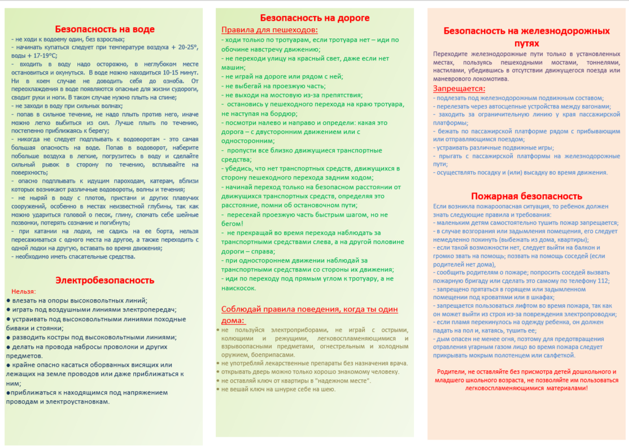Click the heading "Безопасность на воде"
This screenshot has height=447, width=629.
point(104,29)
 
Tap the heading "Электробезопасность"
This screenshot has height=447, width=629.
point(104,280)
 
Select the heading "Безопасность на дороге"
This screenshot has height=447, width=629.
point(314,18)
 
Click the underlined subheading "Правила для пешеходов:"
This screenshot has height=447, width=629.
point(270,30)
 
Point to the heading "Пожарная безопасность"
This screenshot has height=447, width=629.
point(526,196)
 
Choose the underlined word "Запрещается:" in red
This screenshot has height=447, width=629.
point(459,89)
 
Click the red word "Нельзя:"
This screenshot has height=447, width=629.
point(24,291)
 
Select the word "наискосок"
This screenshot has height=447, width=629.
point(238,288)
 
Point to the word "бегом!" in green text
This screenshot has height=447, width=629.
point(233,224)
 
